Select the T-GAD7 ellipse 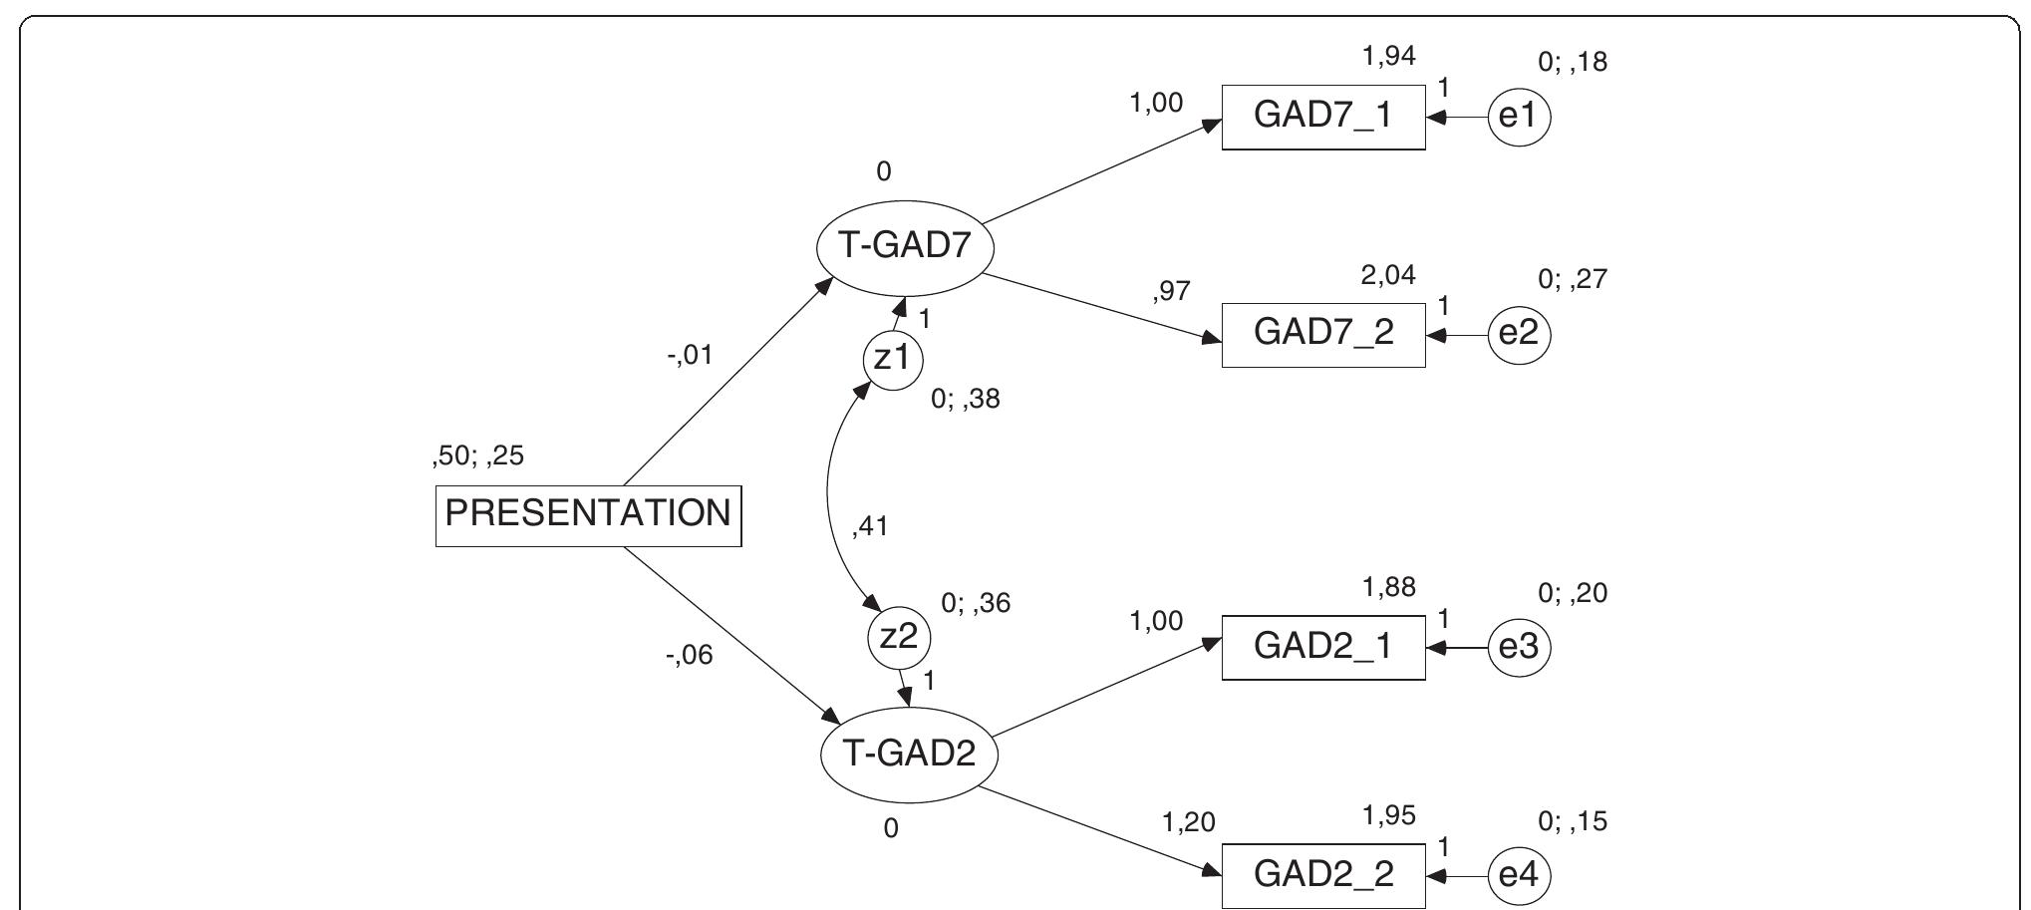[905, 245]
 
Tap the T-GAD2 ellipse [909, 754]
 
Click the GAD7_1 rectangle [1323, 117]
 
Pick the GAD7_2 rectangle [1323, 333]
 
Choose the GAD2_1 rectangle [1323, 647]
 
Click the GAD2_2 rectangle [1323, 875]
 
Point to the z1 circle [892, 359]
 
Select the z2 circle [898, 637]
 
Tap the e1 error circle [1519, 118]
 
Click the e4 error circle [1519, 876]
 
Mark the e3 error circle [1519, 648]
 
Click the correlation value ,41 [869, 526]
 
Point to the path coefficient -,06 [690, 656]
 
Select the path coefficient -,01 [690, 355]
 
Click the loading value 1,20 [1188, 823]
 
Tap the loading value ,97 [1171, 291]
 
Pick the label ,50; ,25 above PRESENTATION [477, 456]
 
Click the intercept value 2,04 [1388, 275]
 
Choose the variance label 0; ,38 [965, 400]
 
